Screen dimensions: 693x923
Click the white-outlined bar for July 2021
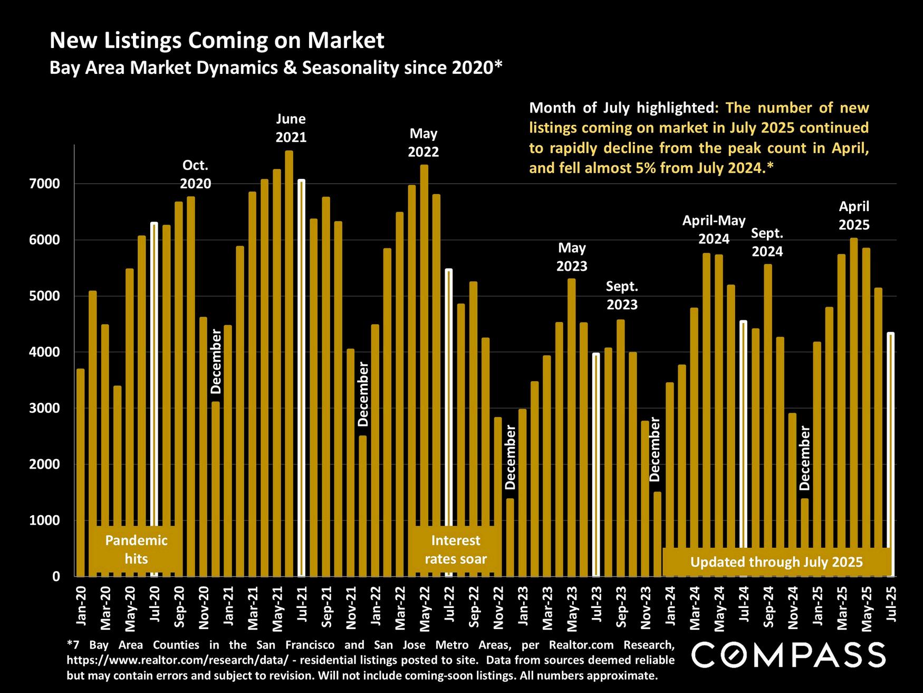[x=301, y=377]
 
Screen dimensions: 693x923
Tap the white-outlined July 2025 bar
[x=890, y=454]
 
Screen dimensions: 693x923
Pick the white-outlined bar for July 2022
[x=449, y=422]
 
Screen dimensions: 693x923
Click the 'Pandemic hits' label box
[x=136, y=549]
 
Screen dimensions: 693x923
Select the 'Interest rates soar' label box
[x=455, y=549]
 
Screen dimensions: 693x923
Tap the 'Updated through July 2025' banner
[x=776, y=562]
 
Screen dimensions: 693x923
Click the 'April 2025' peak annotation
[x=854, y=215]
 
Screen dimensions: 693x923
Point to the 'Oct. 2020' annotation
[x=195, y=175]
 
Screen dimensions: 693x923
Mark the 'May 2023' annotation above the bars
[x=572, y=257]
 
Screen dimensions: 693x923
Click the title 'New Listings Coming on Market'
[x=217, y=41]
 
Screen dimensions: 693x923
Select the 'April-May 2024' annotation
[x=714, y=230]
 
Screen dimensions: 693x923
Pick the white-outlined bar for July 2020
[x=154, y=400]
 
